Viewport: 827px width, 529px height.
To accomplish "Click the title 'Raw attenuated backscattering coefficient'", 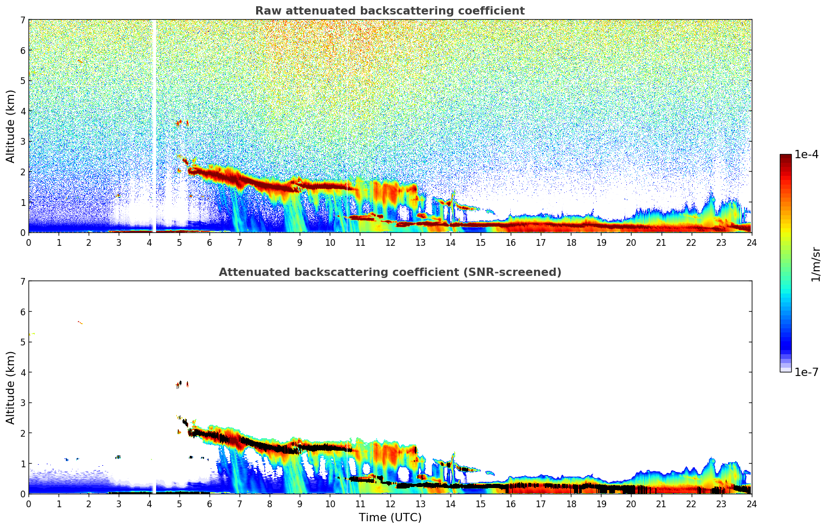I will coord(389,11).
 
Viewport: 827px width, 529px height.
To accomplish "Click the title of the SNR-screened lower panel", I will coord(389,272).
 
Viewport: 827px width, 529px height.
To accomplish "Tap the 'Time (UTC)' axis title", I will coord(390,518).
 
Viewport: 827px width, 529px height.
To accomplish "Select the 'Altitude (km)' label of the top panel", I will coord(11,126).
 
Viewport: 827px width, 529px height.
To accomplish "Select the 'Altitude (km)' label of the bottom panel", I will coord(11,387).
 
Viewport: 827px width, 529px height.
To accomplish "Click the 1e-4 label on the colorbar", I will coord(806,155).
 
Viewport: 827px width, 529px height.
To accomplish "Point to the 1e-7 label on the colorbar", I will coord(806,372).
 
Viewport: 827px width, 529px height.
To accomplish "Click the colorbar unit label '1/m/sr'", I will coord(816,263).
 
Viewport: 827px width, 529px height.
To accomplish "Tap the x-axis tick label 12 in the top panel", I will coord(390,242).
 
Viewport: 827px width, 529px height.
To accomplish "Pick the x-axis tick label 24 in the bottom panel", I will coord(751,504).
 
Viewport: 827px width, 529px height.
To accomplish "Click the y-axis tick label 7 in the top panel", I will coord(22,20).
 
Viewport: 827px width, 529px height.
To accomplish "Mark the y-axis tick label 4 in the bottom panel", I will coord(22,372).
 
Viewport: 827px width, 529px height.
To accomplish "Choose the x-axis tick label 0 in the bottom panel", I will coord(29,504).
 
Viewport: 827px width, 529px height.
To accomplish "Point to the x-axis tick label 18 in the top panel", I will coord(571,242).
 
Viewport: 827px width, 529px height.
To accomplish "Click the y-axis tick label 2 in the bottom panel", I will coord(22,433).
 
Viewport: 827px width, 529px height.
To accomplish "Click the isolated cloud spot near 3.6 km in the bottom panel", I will coord(180,384).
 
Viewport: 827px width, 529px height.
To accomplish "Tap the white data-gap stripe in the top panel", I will coord(154,124).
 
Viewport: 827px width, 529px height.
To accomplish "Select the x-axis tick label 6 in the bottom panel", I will coord(209,504).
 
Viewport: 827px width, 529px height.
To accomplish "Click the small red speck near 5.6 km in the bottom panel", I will coord(79,323).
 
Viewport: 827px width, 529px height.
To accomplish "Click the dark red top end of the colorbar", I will coord(785,157).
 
